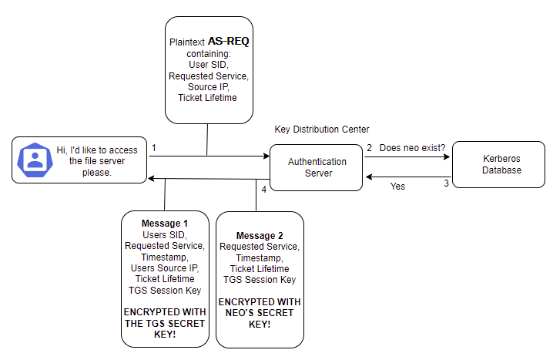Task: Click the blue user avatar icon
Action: point(35,160)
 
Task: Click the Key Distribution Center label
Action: point(321,130)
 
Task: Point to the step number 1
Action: point(154,147)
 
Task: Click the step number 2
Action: point(369,147)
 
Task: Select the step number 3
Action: point(445,183)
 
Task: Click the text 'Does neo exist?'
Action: point(412,147)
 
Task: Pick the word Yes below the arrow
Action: point(397,187)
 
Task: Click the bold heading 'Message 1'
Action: point(164,224)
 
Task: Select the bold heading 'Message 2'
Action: point(260,235)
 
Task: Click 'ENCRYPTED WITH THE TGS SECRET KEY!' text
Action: point(165,324)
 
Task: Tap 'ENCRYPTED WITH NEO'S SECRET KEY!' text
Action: point(260,312)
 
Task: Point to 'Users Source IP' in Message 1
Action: point(165,267)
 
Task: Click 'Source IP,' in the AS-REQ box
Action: point(208,87)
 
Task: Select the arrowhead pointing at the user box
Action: point(152,179)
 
